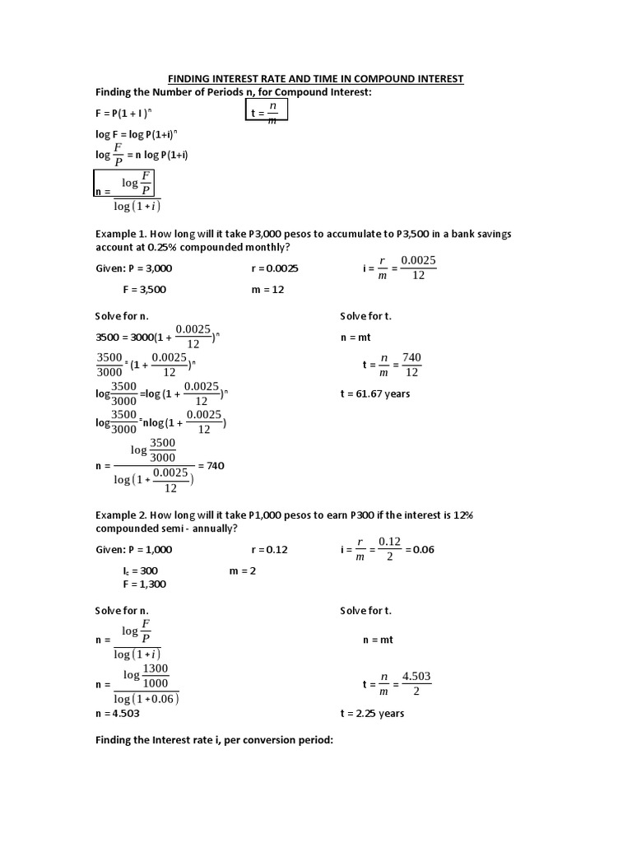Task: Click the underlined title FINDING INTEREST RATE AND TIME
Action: click(x=316, y=79)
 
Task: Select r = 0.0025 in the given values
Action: click(x=275, y=268)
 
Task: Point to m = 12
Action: click(x=267, y=290)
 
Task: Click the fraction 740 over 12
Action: click(x=411, y=365)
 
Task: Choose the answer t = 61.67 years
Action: click(x=374, y=394)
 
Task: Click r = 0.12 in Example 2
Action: click(x=269, y=549)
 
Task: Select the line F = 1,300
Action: click(x=145, y=584)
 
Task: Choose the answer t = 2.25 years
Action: click(x=372, y=714)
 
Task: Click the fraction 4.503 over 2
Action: click(x=416, y=684)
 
